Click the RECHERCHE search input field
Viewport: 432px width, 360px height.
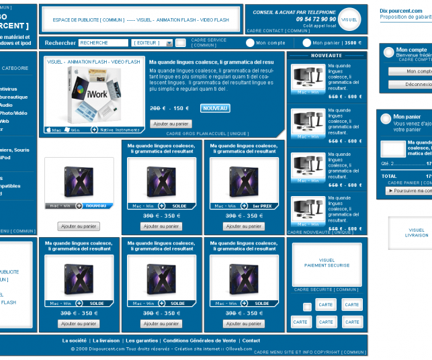103,43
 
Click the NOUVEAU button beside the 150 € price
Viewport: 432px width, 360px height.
215,108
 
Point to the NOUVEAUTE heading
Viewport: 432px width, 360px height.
327,56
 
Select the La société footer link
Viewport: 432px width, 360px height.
75,341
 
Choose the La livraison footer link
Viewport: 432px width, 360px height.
105,341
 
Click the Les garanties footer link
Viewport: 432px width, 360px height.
142,341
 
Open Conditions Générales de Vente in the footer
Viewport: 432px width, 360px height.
200,341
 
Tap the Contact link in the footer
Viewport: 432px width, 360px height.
251,341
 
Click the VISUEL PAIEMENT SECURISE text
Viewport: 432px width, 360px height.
327,263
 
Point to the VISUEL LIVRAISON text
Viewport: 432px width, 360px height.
417,232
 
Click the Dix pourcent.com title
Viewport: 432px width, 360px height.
402,11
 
